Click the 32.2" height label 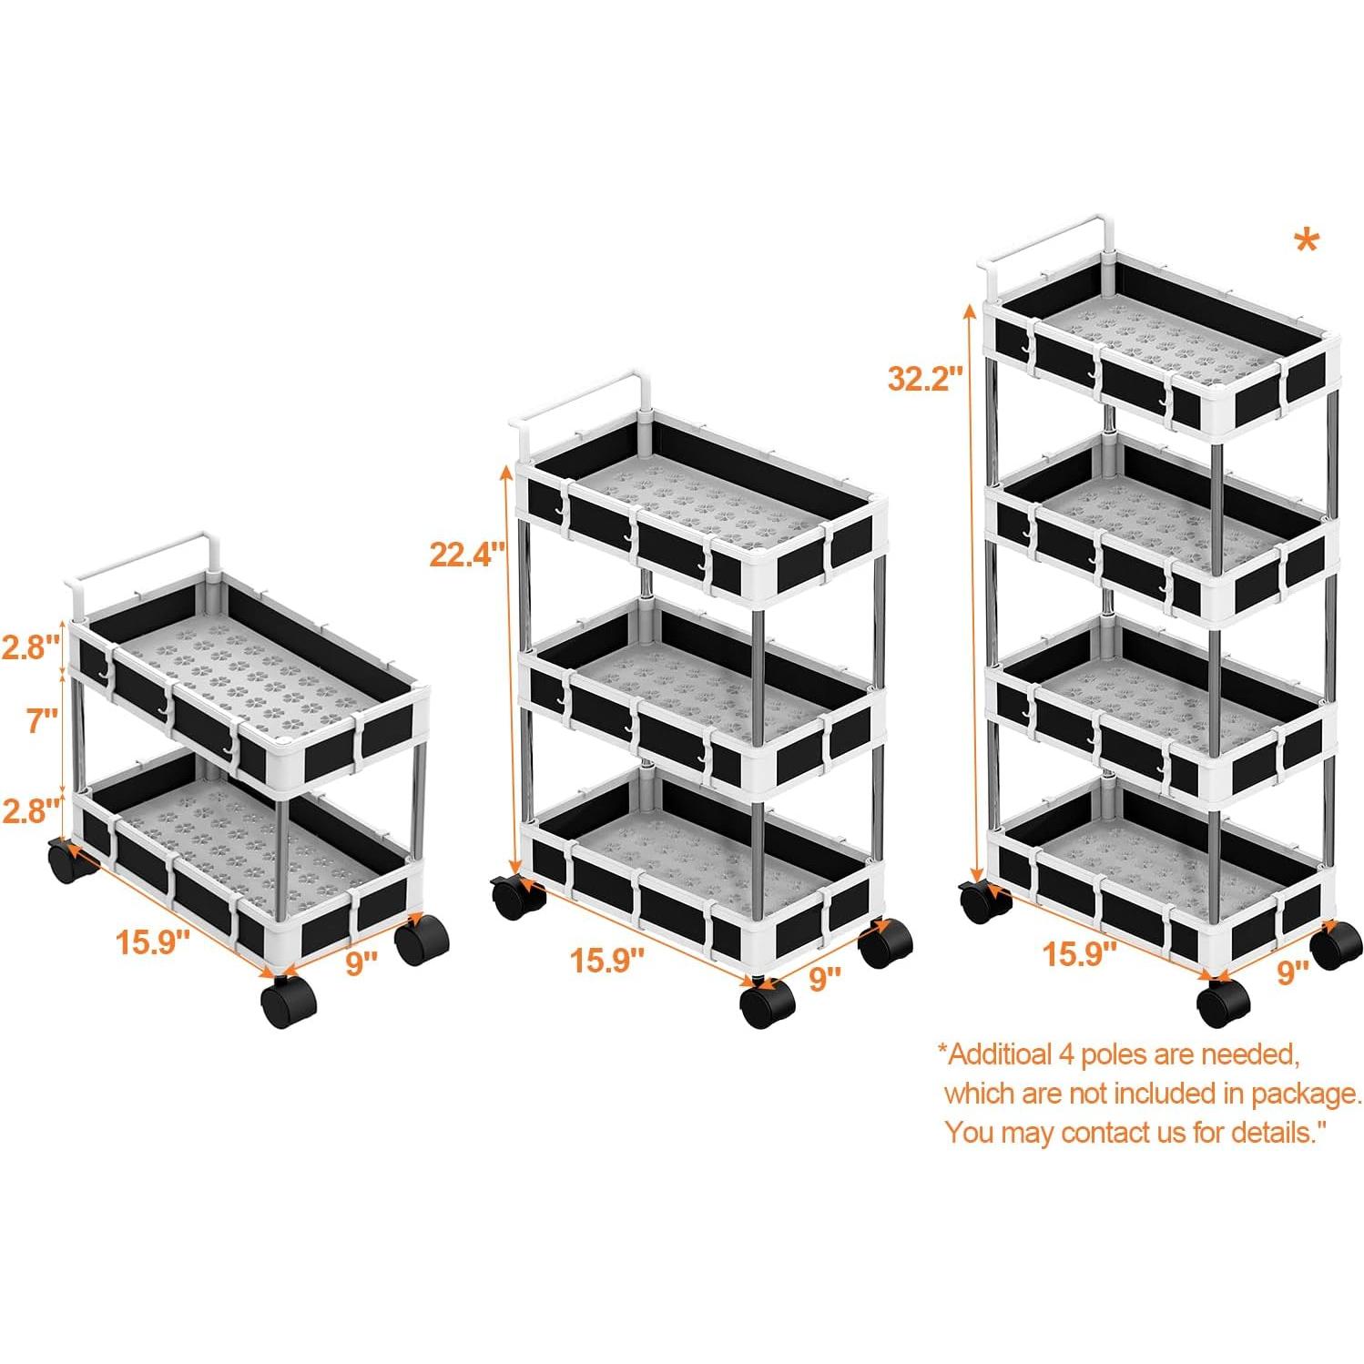(924, 378)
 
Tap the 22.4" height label (466, 554)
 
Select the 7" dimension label (42, 720)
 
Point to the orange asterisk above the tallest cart (1305, 244)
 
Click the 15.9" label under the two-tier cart (152, 942)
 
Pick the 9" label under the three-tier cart (824, 978)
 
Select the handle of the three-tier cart (583, 396)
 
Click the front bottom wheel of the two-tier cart (288, 1002)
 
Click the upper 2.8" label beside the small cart (30, 647)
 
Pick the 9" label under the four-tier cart (1291, 972)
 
